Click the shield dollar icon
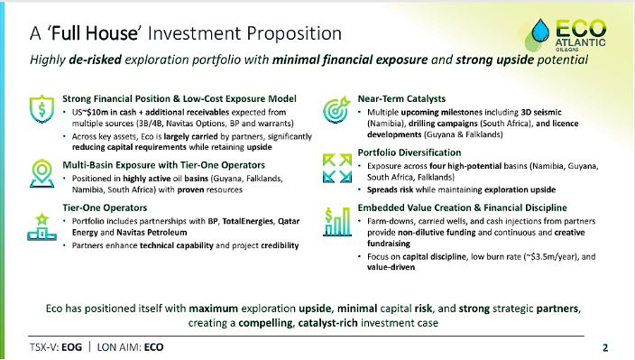41,109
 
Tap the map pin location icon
41,173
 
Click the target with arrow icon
337,109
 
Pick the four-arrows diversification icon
337,168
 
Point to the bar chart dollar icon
337,222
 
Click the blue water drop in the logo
540,31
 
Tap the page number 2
605,347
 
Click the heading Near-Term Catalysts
401,99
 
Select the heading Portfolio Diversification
410,152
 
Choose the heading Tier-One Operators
105,208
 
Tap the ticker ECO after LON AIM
154,347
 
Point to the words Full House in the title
95,33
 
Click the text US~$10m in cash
104,112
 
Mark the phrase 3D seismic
541,112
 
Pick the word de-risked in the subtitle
96,60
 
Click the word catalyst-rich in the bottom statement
327,323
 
